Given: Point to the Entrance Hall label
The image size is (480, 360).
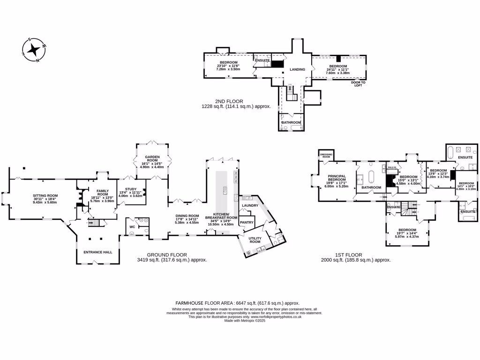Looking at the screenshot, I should tap(97, 252).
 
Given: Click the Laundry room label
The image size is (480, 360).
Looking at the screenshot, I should tap(250, 206).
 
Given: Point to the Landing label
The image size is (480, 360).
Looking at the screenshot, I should tap(297, 69).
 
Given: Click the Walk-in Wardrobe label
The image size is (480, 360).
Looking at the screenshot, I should tap(392, 168).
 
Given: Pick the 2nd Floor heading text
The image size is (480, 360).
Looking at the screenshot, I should tap(229, 101).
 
